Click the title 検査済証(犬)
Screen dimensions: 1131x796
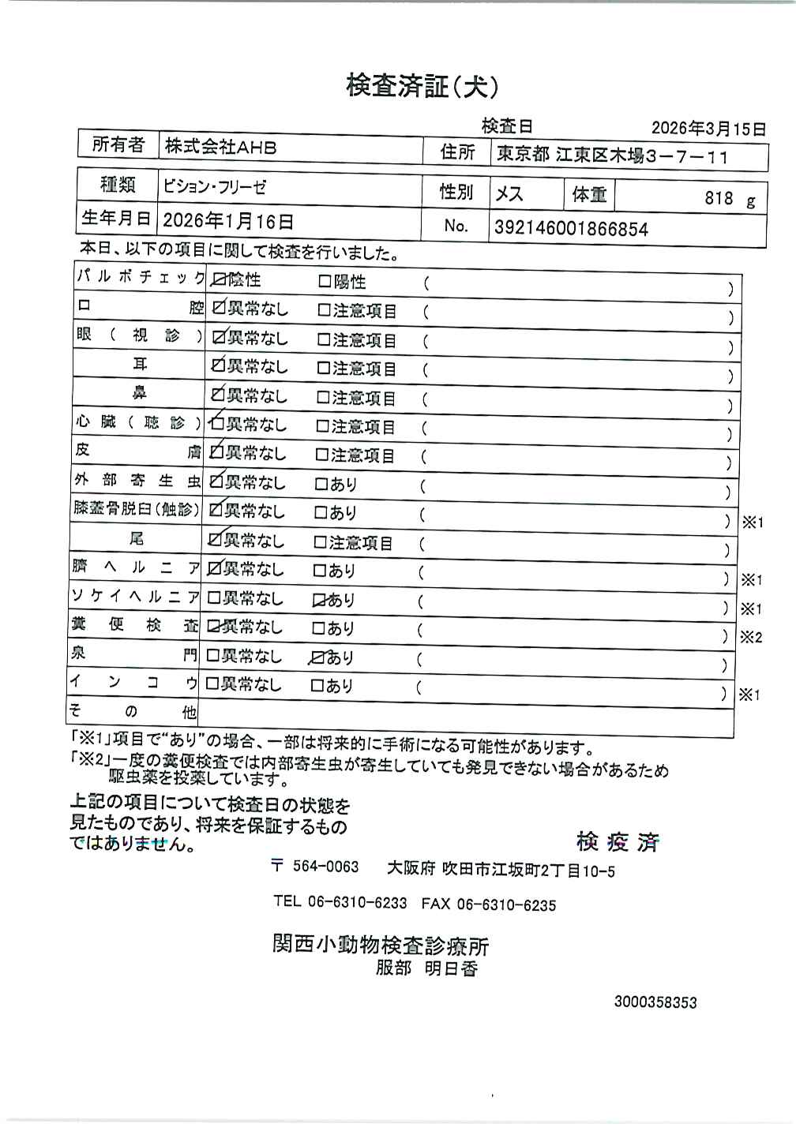(x=422, y=86)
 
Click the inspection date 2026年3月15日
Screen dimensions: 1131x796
(x=708, y=128)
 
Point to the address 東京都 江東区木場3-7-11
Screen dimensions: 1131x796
(x=611, y=156)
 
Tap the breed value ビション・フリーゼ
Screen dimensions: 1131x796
(x=215, y=187)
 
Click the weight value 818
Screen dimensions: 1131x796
(x=719, y=198)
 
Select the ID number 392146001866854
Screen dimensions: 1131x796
(x=571, y=229)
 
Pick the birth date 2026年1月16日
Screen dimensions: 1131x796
(x=228, y=222)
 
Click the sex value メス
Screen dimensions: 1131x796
(x=509, y=194)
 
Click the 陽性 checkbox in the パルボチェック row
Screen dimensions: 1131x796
(x=325, y=282)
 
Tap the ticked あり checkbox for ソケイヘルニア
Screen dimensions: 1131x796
(x=319, y=601)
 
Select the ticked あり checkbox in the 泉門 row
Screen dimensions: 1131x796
(x=317, y=657)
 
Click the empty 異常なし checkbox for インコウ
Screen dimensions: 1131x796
(x=212, y=684)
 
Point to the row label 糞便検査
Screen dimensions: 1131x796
(x=134, y=626)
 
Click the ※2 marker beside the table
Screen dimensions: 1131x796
(x=751, y=637)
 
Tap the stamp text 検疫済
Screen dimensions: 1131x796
(x=618, y=842)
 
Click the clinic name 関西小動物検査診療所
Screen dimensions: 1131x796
(x=381, y=944)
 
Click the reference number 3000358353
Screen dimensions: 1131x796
(x=655, y=1002)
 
